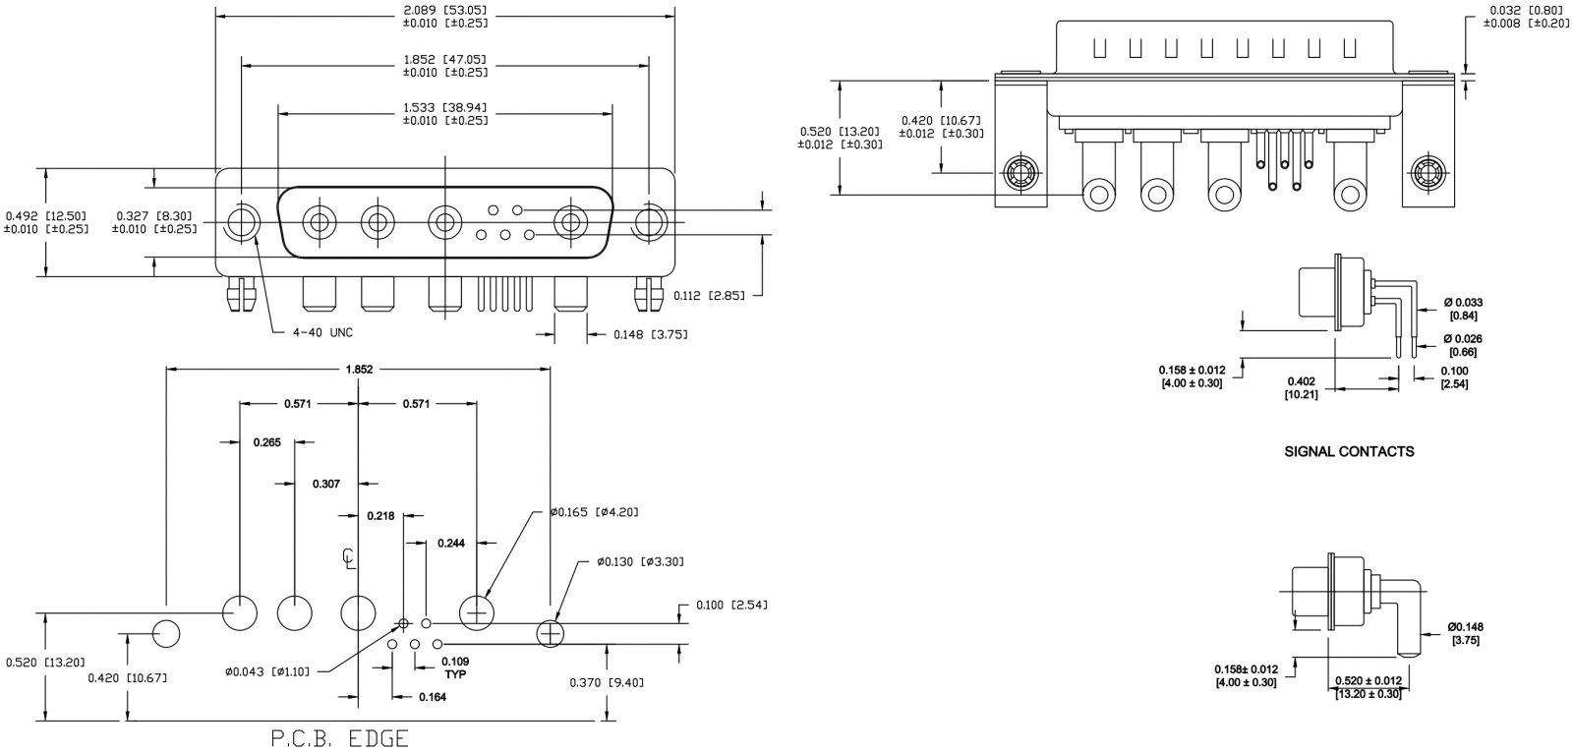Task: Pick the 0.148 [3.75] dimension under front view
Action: click(x=651, y=334)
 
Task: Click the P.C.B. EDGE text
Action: click(x=339, y=738)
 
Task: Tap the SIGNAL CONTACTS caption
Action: click(x=1349, y=452)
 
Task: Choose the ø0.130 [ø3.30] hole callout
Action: click(x=639, y=561)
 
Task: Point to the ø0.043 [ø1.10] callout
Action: click(x=266, y=671)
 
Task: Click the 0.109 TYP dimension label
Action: click(x=454, y=666)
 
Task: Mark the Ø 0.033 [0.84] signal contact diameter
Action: click(x=1462, y=308)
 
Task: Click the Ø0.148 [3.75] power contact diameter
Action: click(x=1464, y=632)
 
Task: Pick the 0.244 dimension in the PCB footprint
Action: click(x=450, y=543)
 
